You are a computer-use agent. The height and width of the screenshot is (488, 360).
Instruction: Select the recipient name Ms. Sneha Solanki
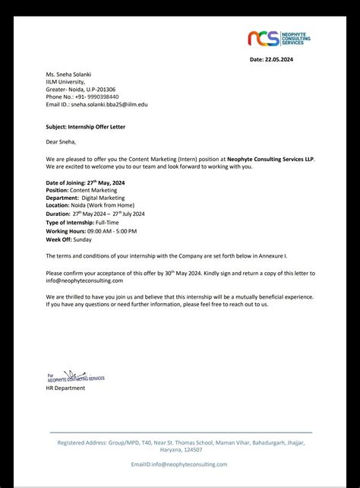[x=70, y=74]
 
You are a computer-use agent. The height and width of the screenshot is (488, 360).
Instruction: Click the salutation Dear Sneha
[x=61, y=141]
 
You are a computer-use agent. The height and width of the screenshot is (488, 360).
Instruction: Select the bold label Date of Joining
[x=65, y=183]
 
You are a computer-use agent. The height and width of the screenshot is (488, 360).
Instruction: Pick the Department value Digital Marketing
[x=103, y=198]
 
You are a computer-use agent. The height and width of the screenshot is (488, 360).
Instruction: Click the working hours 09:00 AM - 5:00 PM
[x=112, y=230]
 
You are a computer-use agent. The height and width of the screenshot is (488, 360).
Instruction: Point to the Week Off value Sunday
[x=83, y=239]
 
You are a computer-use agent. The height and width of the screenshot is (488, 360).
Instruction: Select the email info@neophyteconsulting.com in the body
[x=84, y=280]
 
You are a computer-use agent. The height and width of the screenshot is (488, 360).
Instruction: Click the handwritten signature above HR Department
[x=74, y=376]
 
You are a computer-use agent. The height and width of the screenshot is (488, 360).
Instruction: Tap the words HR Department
[x=65, y=388]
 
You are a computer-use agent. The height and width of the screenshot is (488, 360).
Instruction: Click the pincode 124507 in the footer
[x=194, y=448]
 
